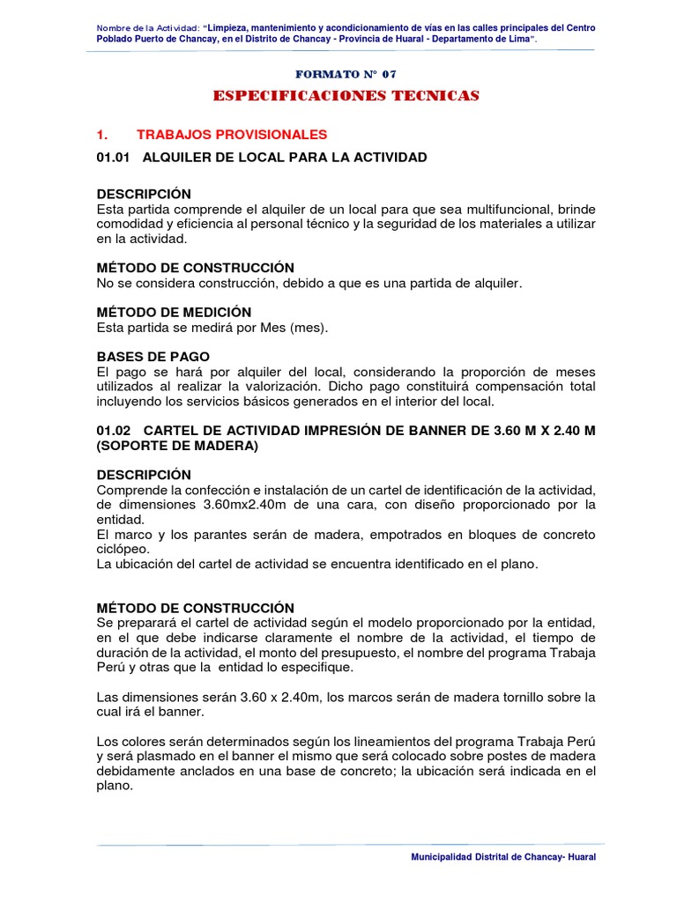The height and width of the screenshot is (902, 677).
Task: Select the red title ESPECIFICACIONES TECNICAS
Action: click(346, 95)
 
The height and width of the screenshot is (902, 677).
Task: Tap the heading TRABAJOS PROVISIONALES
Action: click(232, 134)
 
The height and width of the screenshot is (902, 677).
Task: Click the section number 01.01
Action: click(112, 157)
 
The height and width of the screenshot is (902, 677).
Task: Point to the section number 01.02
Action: click(112, 432)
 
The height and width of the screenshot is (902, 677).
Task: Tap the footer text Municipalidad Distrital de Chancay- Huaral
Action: click(504, 857)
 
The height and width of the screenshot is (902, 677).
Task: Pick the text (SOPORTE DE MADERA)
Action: click(176, 447)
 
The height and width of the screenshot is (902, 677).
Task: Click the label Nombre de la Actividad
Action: click(151, 28)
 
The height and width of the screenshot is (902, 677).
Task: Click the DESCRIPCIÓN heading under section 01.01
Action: click(143, 194)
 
